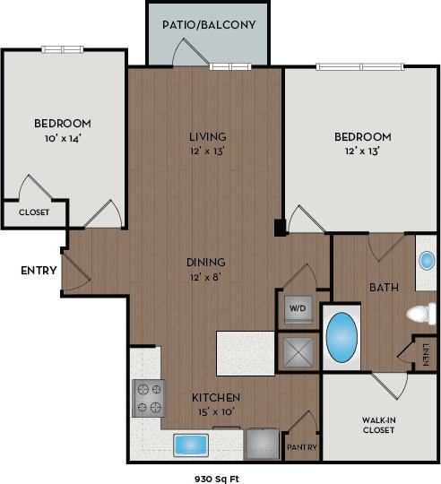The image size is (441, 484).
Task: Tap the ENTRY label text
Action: coord(39,270)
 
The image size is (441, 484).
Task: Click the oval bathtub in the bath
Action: coord(342,337)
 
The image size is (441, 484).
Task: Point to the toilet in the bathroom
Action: coord(421,314)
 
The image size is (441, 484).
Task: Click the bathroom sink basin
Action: coord(427,261)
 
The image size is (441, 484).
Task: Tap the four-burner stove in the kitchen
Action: coord(149,398)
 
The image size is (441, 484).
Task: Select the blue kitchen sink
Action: coord(191,444)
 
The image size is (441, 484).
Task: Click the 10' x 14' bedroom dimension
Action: coord(63,138)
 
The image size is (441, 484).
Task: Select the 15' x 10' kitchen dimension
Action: coord(216,411)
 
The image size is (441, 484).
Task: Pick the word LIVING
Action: coord(207,136)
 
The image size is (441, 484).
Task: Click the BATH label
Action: coord(384,287)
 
